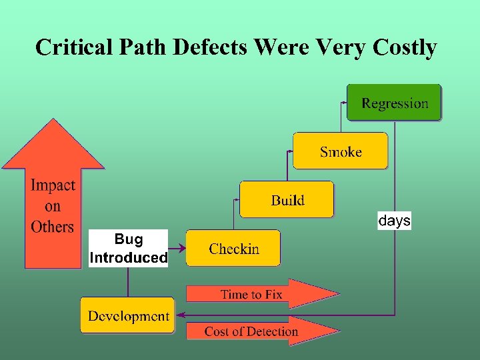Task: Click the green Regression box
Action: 394,103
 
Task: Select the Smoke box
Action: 340,151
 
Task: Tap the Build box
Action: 287,199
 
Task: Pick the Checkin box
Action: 233,249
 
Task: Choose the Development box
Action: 128,315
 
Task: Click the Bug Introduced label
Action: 128,248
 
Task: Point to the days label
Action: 394,221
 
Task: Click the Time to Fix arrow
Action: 260,294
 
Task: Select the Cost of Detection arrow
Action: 260,331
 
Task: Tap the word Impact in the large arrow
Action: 53,185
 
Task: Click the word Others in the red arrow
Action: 52,227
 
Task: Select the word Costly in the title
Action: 405,48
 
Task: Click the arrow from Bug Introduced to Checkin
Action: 177,249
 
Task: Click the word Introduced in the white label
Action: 128,257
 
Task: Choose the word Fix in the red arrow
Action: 273,294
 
